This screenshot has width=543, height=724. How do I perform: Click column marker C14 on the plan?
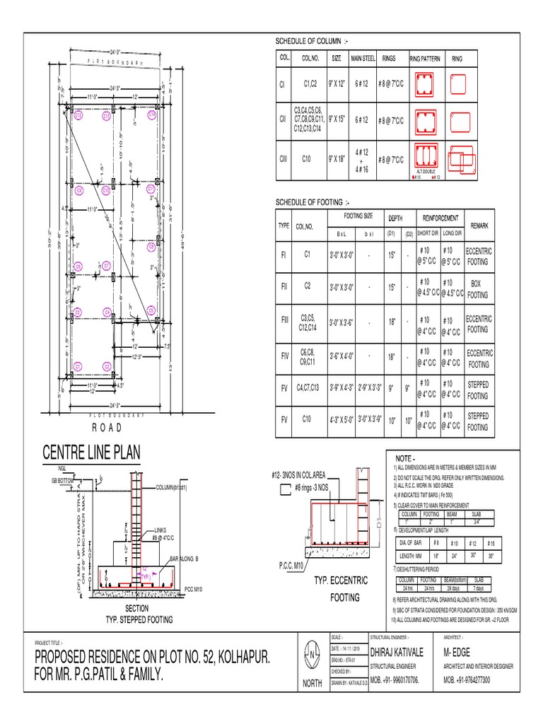(151, 115)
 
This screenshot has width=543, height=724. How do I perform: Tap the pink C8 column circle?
(151, 247)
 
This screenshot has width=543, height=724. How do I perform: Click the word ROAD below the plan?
(107, 427)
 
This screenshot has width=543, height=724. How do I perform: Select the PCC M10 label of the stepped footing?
(194, 588)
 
